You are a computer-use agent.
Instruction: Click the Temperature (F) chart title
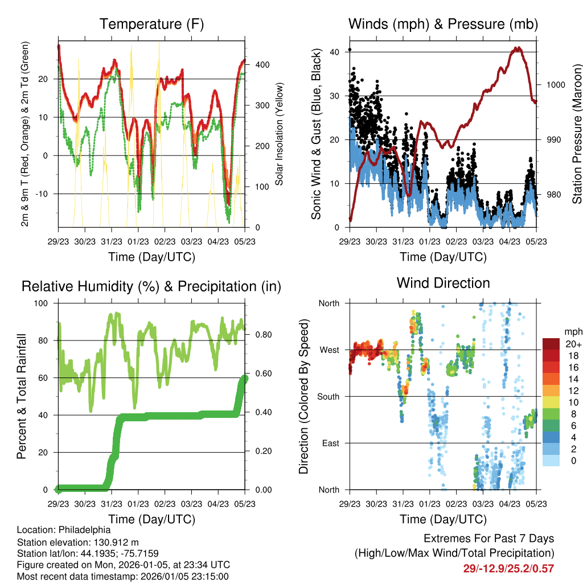click(x=151, y=24)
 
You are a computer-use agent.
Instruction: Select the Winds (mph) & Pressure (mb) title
click(x=443, y=24)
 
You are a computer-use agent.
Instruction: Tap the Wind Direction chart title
click(x=443, y=283)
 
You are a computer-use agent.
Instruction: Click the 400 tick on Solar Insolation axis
click(x=262, y=64)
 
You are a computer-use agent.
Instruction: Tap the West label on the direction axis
click(x=330, y=350)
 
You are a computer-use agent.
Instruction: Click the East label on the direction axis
click(x=331, y=443)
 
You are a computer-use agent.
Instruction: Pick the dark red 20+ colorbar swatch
click(x=551, y=344)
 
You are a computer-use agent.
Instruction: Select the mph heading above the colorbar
click(x=572, y=331)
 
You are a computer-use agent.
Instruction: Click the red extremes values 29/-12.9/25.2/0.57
click(x=508, y=568)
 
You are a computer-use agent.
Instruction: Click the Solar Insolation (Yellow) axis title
click(x=280, y=134)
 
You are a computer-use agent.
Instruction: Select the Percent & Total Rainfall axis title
click(x=22, y=396)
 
